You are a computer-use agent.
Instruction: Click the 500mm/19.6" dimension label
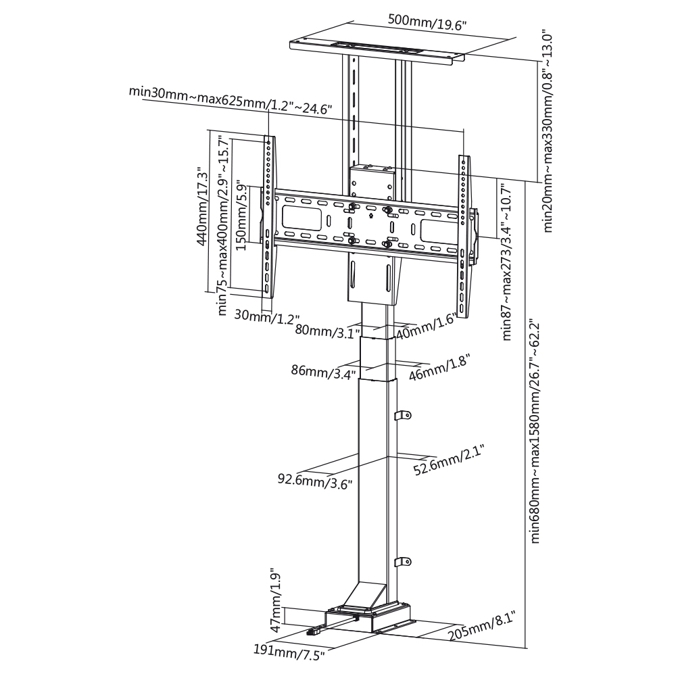427,22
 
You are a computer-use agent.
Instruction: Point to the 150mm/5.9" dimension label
242,218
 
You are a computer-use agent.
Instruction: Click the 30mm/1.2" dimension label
266,318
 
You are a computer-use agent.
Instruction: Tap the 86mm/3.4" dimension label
323,370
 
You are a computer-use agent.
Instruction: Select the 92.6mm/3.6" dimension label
315,480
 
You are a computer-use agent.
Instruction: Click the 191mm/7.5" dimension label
289,652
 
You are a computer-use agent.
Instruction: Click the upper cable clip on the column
404,415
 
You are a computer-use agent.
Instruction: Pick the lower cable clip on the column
404,561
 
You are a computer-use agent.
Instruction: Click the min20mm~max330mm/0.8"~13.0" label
547,132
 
